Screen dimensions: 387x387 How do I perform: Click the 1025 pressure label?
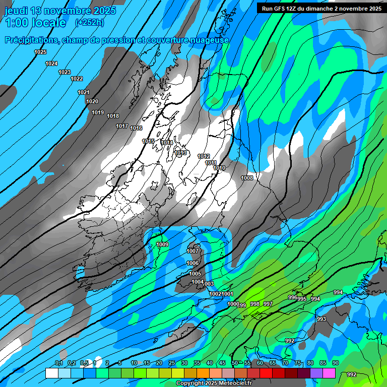(40, 52)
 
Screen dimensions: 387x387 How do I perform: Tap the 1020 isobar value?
(92, 101)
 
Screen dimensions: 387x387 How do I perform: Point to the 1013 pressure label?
(181, 153)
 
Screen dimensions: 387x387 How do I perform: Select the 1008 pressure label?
(247, 178)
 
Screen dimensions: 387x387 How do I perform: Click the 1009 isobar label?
(162, 244)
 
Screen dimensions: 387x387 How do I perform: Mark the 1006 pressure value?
(192, 263)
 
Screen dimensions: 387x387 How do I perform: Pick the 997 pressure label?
(268, 304)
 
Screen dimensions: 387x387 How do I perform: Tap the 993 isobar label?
(321, 319)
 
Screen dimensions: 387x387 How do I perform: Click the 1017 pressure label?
(122, 126)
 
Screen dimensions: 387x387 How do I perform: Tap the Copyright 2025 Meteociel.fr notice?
(213, 383)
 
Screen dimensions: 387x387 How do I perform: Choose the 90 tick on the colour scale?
(335, 363)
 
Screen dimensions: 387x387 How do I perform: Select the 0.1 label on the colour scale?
(58, 363)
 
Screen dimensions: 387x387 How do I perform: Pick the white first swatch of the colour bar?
(51, 373)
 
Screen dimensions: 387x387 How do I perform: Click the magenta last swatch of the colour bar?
(329, 373)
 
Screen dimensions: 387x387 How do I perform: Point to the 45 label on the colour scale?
(222, 363)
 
